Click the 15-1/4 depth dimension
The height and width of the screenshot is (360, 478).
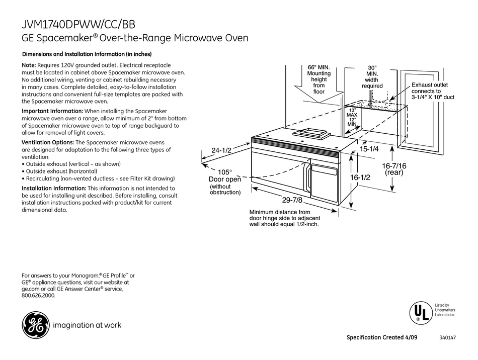369,149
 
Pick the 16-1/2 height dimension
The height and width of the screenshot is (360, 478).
360,177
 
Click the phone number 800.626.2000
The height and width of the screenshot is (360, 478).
39,296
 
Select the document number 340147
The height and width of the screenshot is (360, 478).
446,337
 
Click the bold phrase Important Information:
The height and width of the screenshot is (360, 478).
52,111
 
